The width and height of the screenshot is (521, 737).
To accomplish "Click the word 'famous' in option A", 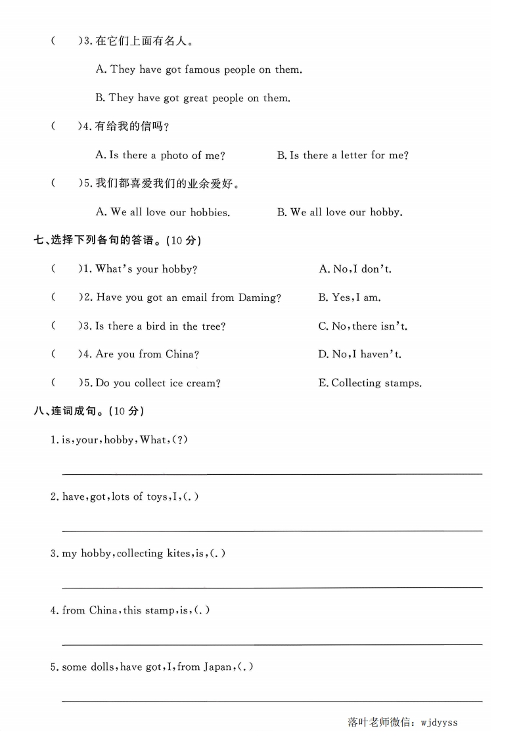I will pyautogui.click(x=202, y=70).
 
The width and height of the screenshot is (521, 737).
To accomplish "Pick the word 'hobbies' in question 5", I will pyautogui.click(x=209, y=213).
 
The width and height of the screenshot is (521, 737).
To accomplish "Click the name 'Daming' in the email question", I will pyautogui.click(x=260, y=298).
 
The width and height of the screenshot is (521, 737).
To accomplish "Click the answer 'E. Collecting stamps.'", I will pyautogui.click(x=370, y=383).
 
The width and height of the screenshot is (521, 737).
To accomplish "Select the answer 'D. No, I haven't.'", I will pyautogui.click(x=359, y=355).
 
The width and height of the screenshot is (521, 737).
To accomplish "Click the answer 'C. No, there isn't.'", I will pyautogui.click(x=363, y=326).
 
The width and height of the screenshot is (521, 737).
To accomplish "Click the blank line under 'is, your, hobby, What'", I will pyautogui.click(x=272, y=472).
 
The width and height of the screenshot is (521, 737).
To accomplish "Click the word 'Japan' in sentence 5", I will pyautogui.click(x=217, y=667).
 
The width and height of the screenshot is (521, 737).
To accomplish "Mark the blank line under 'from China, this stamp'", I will pyautogui.click(x=272, y=644).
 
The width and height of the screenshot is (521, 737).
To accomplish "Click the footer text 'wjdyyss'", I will pyautogui.click(x=438, y=723).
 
